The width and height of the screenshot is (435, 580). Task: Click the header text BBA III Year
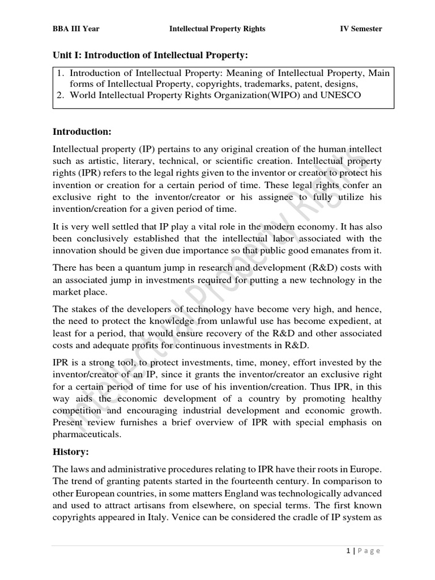click(x=76, y=29)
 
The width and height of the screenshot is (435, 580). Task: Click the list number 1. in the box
click(x=62, y=74)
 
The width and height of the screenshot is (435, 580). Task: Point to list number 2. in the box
click(x=62, y=95)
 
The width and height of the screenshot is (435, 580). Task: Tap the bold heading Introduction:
click(x=82, y=132)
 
